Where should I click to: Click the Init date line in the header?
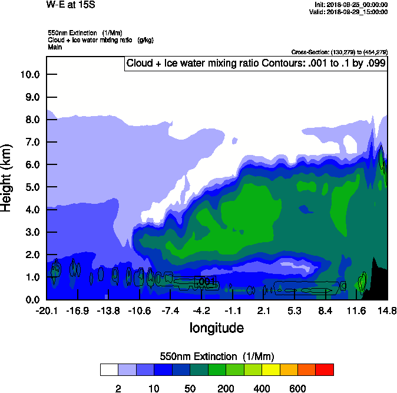click(x=351, y=5)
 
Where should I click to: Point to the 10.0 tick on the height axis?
click(x=29, y=74)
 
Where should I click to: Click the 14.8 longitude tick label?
click(x=387, y=311)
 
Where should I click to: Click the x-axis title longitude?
click(x=216, y=328)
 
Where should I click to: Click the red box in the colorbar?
click(x=324, y=370)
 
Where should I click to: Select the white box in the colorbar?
click(x=109, y=370)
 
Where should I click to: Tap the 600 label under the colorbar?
click(x=297, y=388)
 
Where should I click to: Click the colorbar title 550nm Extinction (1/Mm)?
click(x=217, y=356)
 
